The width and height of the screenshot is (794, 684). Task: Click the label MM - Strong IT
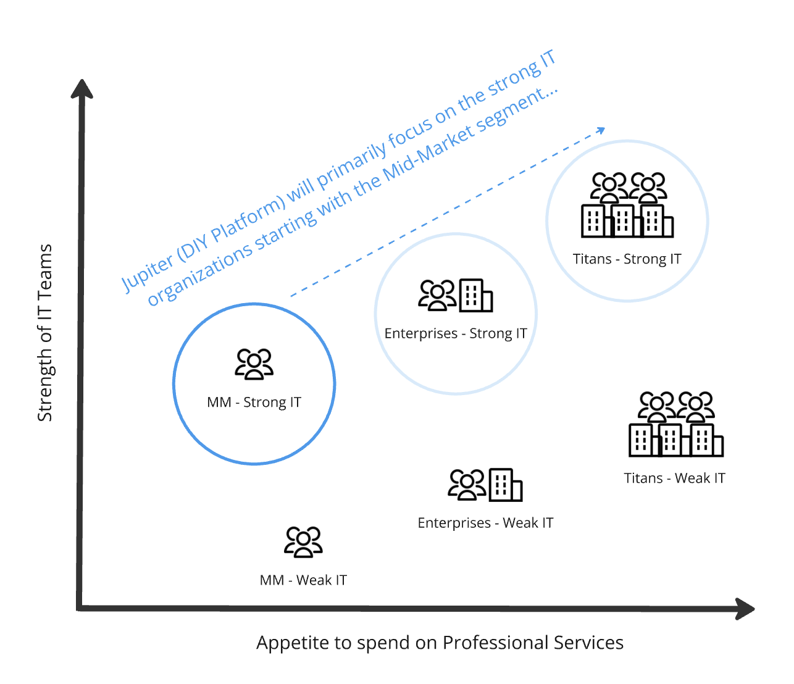(254, 402)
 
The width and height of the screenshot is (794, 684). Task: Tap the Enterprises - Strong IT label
(456, 333)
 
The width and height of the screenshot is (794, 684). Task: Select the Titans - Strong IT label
(627, 259)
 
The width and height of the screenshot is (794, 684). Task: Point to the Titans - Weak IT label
(674, 478)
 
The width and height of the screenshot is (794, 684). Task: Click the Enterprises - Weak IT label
(485, 523)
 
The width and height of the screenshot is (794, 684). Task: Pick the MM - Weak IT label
(303, 580)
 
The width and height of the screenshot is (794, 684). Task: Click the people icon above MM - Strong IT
(254, 364)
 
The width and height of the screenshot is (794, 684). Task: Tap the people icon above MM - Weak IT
(303, 541)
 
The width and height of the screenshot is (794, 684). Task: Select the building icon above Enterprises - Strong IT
(476, 295)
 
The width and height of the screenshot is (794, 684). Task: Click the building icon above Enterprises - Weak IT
(506, 485)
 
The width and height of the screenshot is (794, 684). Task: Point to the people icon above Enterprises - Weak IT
(467, 485)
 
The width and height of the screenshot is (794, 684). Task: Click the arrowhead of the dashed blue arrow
(601, 130)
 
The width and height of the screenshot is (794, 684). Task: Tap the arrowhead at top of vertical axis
(81, 88)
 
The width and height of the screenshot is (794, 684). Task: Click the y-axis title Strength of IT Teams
(44, 333)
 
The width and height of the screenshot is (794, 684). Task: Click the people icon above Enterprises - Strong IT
(437, 295)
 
